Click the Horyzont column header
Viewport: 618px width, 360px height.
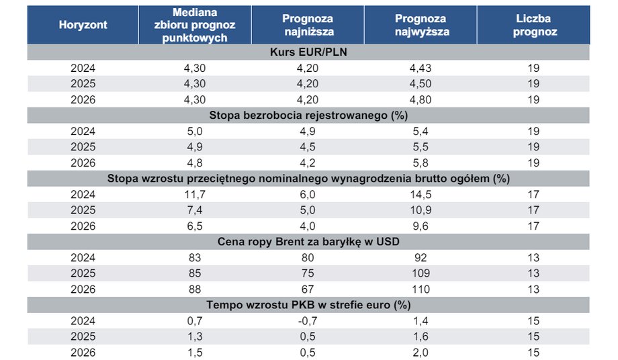83,25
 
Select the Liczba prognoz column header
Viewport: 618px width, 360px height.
533,25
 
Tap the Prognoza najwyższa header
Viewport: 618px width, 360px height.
421,25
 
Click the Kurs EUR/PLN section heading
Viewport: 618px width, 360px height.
308,52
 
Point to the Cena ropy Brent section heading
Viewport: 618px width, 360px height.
308,241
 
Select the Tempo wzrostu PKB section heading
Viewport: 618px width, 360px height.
308,305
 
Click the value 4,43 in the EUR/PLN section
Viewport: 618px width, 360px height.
421,68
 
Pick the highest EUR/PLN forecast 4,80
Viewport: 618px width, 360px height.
421,99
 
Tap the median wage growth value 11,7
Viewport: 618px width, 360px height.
195,194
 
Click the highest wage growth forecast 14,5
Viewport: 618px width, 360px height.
421,194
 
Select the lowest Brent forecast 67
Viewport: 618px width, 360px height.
308,289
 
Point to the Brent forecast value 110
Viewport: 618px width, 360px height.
421,289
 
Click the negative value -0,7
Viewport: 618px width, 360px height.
308,320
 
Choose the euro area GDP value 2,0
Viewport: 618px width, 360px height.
421,352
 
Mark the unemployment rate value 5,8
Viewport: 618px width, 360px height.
421,163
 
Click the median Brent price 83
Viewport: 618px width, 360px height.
195,258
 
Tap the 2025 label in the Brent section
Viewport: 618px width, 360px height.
83,273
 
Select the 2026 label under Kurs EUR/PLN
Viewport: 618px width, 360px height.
83,99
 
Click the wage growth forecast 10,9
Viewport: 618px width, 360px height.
421,210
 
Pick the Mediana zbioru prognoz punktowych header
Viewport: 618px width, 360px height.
195,25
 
